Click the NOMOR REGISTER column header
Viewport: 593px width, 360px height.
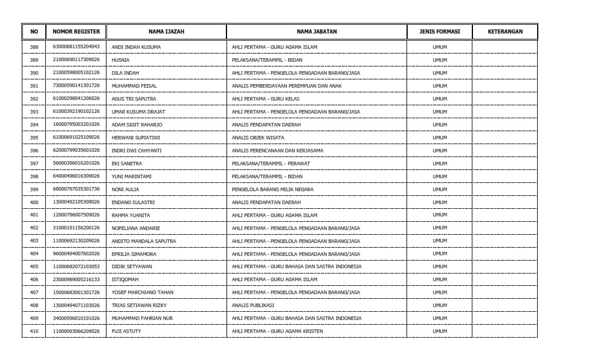(x=76, y=32)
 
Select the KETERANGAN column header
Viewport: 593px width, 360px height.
(x=505, y=32)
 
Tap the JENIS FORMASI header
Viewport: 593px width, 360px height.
(x=439, y=32)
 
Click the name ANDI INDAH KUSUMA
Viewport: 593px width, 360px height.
(x=136, y=47)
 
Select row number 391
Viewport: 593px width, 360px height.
(x=34, y=86)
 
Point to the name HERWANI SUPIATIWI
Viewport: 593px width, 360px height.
(x=136, y=138)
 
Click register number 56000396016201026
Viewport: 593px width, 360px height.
(x=76, y=164)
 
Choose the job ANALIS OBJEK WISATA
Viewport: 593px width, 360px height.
(x=258, y=138)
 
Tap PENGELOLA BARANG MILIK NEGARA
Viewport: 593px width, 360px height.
(x=272, y=189)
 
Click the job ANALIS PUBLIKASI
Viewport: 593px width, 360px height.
(x=253, y=305)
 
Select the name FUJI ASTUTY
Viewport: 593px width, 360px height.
(x=126, y=331)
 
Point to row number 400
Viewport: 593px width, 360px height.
(x=34, y=202)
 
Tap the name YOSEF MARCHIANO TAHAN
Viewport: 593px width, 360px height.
(x=142, y=292)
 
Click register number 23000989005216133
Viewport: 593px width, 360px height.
(x=76, y=279)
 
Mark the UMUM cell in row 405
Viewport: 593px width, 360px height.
(x=439, y=266)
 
